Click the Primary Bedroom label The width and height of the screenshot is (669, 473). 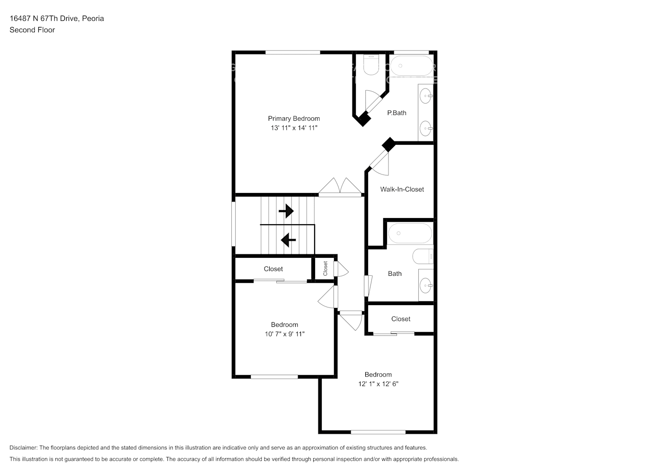(x=294, y=119)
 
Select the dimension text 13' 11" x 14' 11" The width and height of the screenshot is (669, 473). (x=294, y=128)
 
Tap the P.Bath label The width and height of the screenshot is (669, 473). (x=396, y=113)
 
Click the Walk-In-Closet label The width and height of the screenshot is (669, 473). (x=402, y=189)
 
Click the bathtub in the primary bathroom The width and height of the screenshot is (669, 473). (x=412, y=66)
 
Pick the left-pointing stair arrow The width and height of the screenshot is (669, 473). (x=288, y=240)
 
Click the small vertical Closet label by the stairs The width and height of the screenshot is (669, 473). (x=326, y=268)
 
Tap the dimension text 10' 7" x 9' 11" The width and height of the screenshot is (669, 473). (x=284, y=334)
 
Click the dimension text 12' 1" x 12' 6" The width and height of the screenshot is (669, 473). (x=378, y=384)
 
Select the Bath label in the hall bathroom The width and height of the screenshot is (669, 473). (x=395, y=273)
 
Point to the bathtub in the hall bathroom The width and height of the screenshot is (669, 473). (x=410, y=233)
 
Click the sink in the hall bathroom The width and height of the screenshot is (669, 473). (x=426, y=285)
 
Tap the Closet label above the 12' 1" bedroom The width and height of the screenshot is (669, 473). (x=401, y=319)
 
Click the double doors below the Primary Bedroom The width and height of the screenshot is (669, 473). (x=340, y=187)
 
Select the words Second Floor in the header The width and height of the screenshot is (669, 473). (x=32, y=30)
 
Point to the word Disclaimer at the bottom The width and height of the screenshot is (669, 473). (x=23, y=447)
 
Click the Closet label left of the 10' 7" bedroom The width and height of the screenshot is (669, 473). (x=273, y=269)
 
